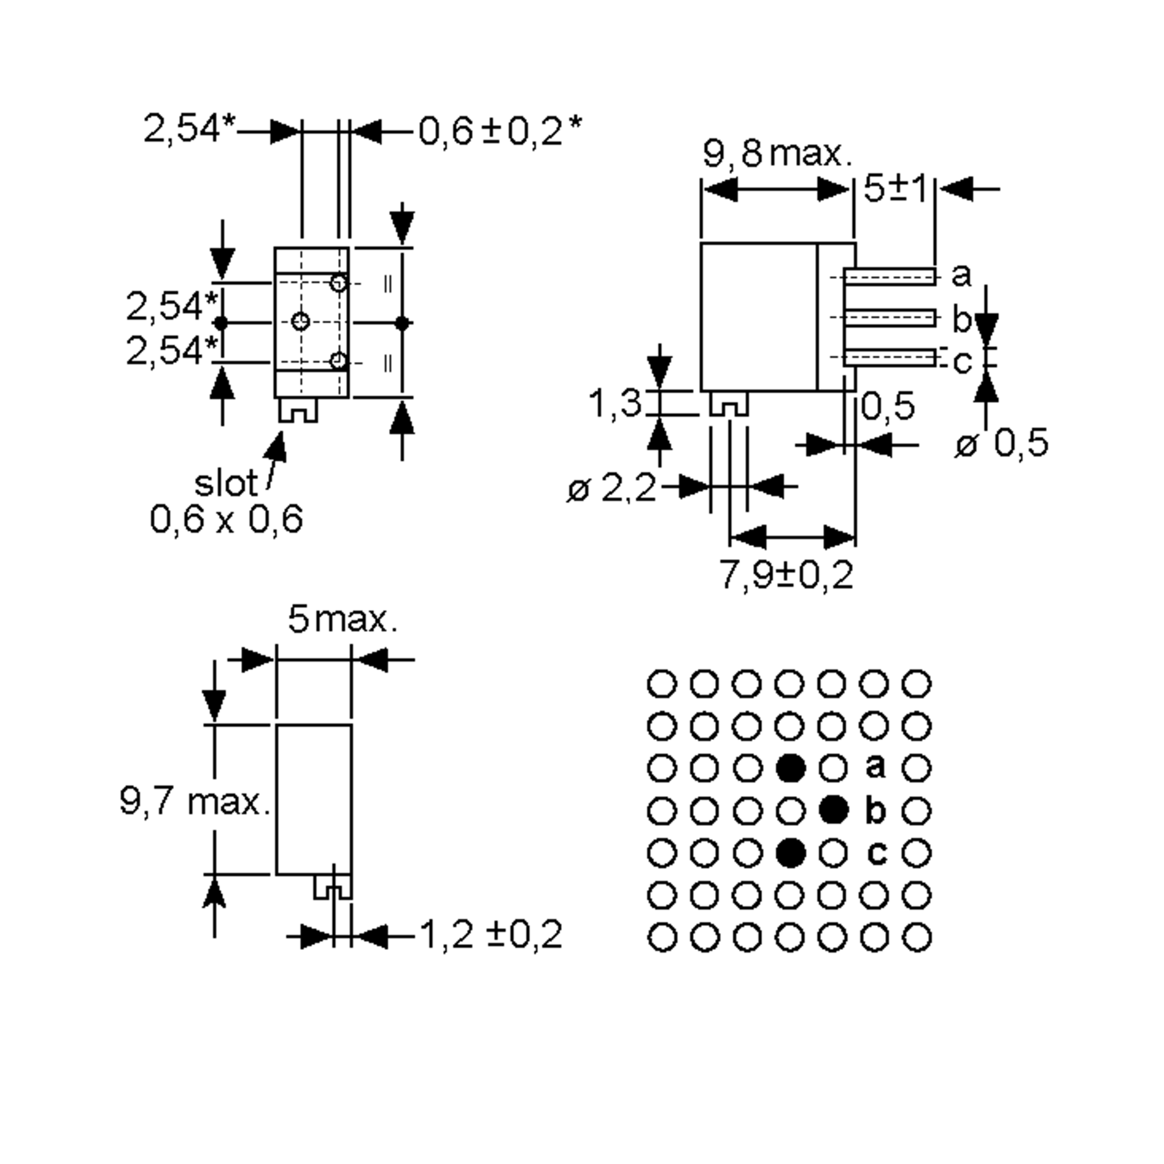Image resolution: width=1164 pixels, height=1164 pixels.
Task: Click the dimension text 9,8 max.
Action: pyautogui.click(x=777, y=155)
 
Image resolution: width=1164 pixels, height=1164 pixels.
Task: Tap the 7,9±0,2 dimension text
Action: pyautogui.click(x=787, y=575)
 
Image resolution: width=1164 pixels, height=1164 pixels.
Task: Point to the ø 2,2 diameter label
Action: pyautogui.click(x=612, y=488)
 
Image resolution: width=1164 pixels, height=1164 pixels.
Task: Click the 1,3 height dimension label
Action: pyautogui.click(x=614, y=403)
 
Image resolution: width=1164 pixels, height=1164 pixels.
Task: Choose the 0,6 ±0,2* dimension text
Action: pyautogui.click(x=500, y=131)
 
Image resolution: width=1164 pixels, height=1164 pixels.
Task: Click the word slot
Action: pyautogui.click(x=226, y=483)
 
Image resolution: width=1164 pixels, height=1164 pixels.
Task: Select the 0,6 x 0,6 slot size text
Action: pyautogui.click(x=226, y=519)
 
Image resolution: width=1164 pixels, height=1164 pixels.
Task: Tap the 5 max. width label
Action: pyautogui.click(x=342, y=619)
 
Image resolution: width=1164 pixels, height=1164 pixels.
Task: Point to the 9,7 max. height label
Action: pyautogui.click(x=194, y=801)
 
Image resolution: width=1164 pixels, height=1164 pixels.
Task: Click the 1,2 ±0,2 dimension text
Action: pyautogui.click(x=490, y=935)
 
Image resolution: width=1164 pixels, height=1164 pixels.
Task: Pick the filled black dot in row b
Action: pyautogui.click(x=834, y=810)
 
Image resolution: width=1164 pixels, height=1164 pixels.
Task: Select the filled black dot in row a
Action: pyautogui.click(x=791, y=768)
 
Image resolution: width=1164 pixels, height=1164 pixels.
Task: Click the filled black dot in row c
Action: pyautogui.click(x=791, y=853)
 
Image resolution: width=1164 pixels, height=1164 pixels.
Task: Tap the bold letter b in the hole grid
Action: pyautogui.click(x=875, y=811)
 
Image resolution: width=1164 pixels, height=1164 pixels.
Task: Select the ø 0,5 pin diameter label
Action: pyautogui.click(x=1002, y=444)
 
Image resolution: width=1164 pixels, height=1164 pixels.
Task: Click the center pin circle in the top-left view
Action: pyautogui.click(x=301, y=321)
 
